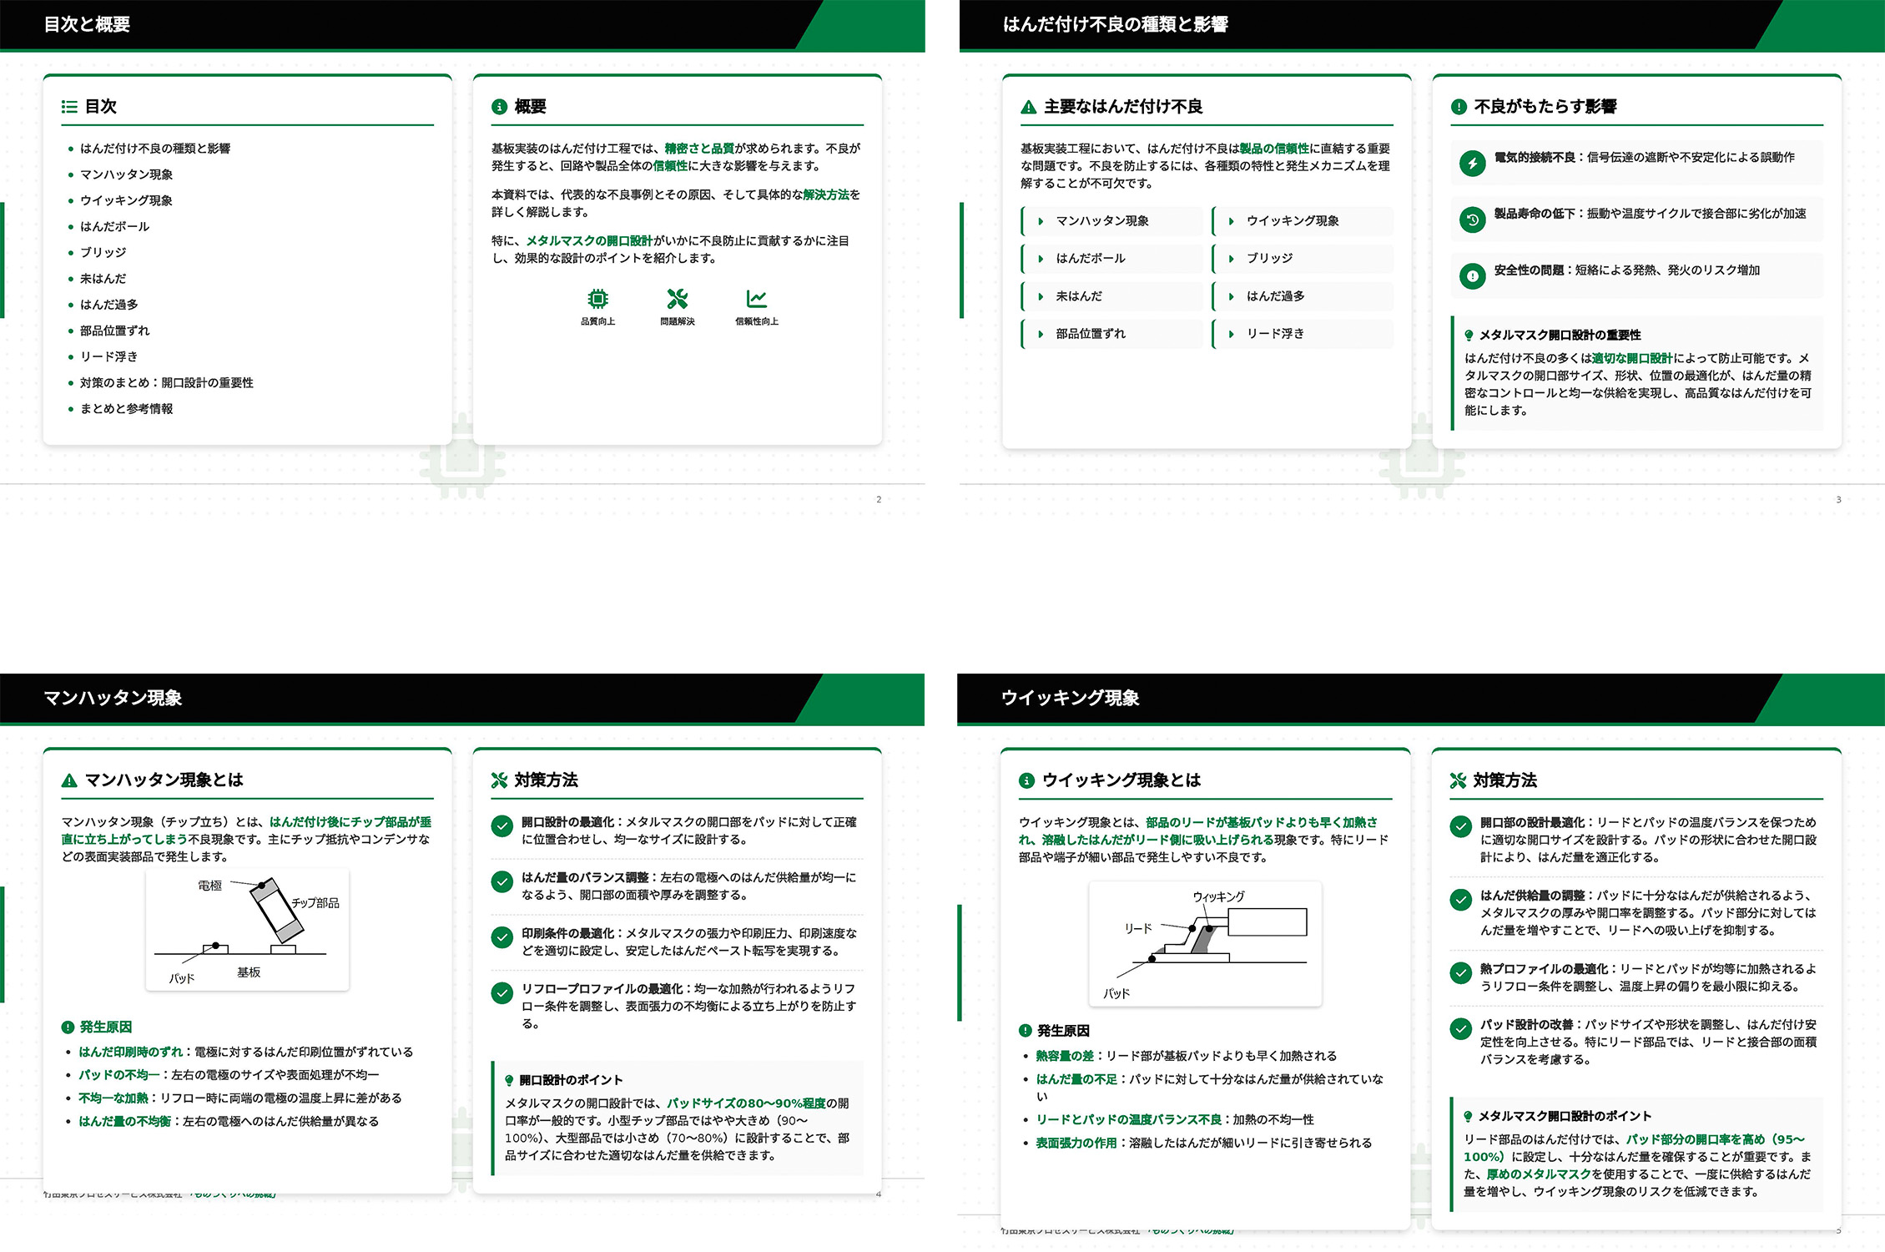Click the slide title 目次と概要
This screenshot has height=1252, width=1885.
click(x=87, y=24)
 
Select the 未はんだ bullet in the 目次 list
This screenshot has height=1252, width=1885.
click(x=103, y=279)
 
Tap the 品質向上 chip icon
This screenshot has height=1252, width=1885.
click(x=597, y=299)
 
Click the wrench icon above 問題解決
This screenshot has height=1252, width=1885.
click(x=677, y=299)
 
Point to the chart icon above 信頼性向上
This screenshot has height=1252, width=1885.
click(x=756, y=299)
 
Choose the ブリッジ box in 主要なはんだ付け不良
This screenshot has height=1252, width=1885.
click(x=1303, y=259)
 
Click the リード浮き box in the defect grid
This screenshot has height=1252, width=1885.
click(x=1303, y=334)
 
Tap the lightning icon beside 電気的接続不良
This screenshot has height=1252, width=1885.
click(x=1472, y=163)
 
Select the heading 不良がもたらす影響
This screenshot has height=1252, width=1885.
click(x=1545, y=107)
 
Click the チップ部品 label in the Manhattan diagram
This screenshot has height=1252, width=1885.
click(x=315, y=903)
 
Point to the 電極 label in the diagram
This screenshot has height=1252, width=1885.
click(x=209, y=886)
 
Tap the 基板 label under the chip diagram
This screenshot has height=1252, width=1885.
click(x=249, y=972)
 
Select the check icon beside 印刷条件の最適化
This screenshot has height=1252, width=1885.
click(x=501, y=937)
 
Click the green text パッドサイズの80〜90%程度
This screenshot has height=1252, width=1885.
click(x=746, y=1103)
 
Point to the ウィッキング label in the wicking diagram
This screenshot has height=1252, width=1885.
click(x=1218, y=896)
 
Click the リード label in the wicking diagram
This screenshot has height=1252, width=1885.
click(x=1137, y=928)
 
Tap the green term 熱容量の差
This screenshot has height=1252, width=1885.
click(x=1064, y=1056)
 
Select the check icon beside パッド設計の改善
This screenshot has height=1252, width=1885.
click(x=1460, y=1029)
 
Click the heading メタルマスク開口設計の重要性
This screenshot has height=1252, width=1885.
click(x=1560, y=335)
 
